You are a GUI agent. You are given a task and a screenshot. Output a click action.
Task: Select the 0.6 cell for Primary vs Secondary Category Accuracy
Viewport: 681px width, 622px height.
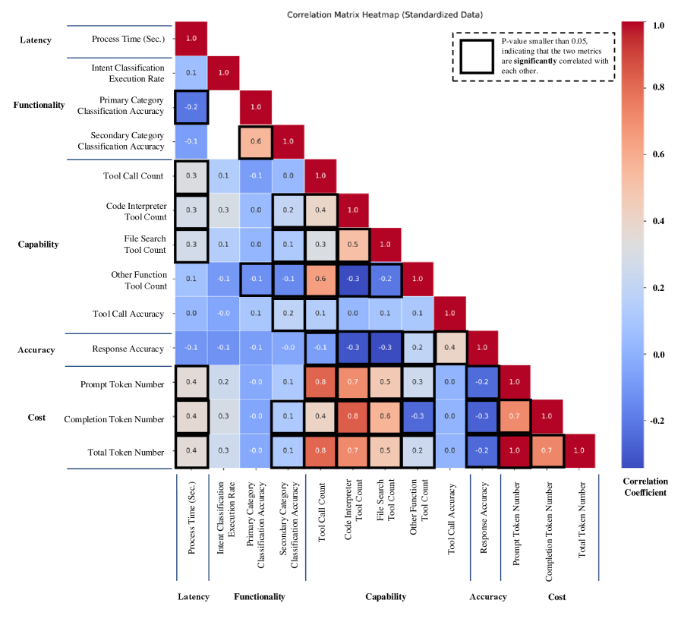(256, 142)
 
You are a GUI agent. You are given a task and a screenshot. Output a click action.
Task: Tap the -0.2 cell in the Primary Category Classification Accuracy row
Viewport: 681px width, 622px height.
(191, 107)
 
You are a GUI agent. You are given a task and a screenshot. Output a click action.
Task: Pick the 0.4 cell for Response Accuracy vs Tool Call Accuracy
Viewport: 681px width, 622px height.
(450, 349)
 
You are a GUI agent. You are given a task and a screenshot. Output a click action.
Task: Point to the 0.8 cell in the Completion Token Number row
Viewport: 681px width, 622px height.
(353, 418)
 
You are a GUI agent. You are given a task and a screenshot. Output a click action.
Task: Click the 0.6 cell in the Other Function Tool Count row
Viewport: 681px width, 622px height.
(321, 279)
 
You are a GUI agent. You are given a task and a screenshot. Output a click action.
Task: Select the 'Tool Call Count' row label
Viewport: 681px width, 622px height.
(134, 176)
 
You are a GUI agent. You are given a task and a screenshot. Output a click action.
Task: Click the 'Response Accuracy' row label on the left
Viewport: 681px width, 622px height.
(128, 349)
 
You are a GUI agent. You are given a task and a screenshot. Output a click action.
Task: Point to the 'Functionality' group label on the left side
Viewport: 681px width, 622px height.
(39, 106)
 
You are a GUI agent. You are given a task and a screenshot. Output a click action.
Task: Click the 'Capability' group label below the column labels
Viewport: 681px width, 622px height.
(386, 597)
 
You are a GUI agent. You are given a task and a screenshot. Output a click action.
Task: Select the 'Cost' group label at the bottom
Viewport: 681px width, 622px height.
(556, 597)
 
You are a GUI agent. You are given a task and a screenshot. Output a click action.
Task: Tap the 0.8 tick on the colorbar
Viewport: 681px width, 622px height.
(658, 87)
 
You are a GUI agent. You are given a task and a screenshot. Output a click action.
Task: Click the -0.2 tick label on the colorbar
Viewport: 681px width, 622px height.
(657, 421)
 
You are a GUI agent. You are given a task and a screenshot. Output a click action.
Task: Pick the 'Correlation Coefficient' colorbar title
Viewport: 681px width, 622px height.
(645, 487)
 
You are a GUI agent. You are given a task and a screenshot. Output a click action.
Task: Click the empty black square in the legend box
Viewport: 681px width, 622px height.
(476, 57)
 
